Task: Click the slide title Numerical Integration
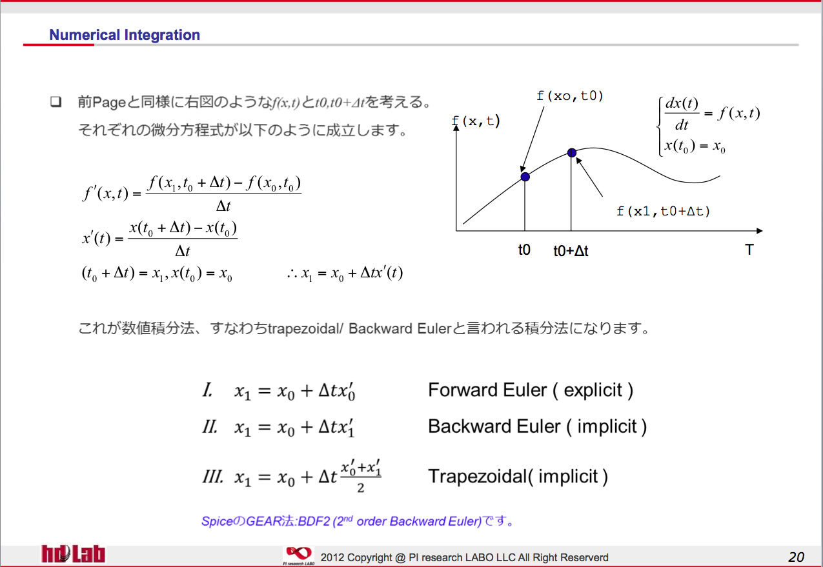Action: click(125, 35)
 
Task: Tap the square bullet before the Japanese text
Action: click(56, 101)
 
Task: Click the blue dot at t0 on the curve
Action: click(525, 177)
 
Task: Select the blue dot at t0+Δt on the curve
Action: click(572, 152)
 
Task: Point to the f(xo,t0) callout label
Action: click(569, 96)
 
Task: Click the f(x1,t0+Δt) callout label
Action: click(663, 211)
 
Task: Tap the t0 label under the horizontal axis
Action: click(524, 250)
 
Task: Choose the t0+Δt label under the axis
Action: click(571, 251)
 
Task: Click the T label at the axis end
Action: click(749, 250)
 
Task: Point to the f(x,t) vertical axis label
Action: click(476, 121)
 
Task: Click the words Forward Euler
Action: click(487, 390)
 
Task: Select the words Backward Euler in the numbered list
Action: click(494, 426)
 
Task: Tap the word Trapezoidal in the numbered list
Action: click(478, 476)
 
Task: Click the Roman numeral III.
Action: click(213, 477)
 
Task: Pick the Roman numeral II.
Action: click(210, 427)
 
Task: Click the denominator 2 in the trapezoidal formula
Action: click(360, 488)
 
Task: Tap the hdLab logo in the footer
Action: click(73, 554)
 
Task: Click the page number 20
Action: click(796, 557)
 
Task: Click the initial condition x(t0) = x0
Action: click(695, 146)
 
